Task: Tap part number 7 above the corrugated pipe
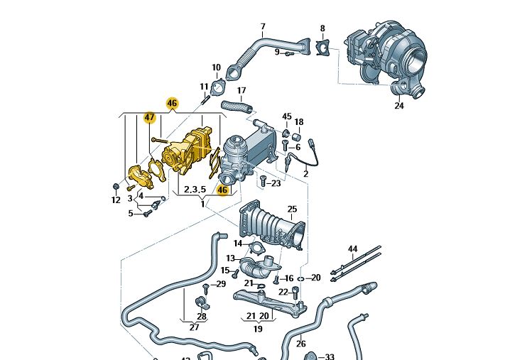(x=262, y=28)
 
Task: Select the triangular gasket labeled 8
(x=323, y=48)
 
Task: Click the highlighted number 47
(x=149, y=118)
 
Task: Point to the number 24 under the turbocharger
(x=399, y=106)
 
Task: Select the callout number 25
(x=292, y=209)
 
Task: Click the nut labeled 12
(x=116, y=187)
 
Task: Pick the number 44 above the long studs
(x=352, y=249)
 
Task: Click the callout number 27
(x=194, y=327)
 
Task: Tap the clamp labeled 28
(x=201, y=306)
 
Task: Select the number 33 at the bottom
(x=329, y=357)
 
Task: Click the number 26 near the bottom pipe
(x=300, y=344)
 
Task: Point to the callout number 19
(x=258, y=329)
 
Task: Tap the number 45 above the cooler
(x=287, y=116)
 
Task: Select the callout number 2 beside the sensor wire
(x=305, y=174)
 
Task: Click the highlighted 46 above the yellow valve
(x=172, y=103)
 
